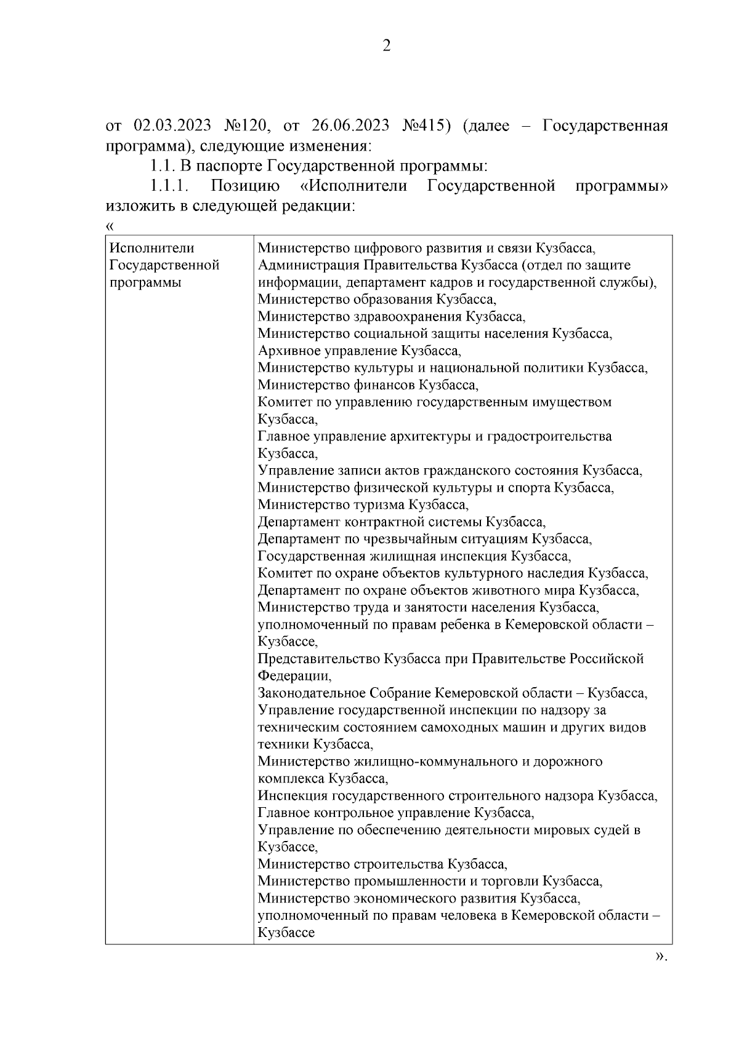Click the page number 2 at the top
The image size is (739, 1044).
[386, 46]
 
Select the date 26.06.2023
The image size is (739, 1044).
[350, 127]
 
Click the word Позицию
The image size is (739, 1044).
[244, 186]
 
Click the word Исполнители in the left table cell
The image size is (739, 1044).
[151, 249]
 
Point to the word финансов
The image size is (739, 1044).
[385, 386]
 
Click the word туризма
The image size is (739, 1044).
[380, 505]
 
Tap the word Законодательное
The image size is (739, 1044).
[312, 693]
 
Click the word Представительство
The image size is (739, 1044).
[318, 659]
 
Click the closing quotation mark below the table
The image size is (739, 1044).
[660, 957]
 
